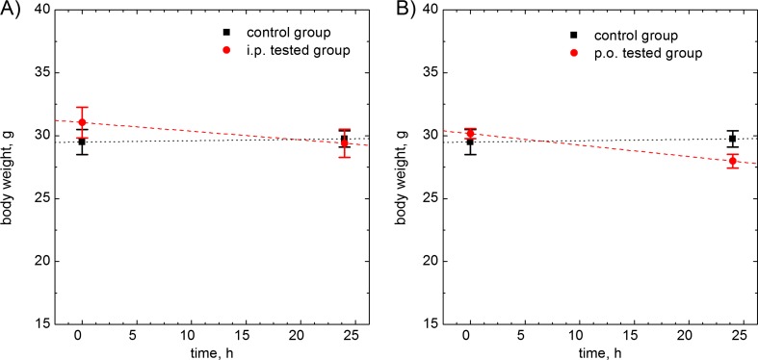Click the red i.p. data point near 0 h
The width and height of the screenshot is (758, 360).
(x=82, y=122)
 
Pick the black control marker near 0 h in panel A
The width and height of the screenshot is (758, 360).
(x=82, y=141)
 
